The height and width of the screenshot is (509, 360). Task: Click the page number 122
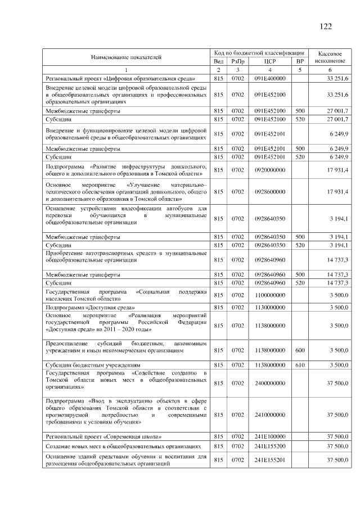coord(325,26)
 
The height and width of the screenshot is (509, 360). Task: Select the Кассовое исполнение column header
coord(329,56)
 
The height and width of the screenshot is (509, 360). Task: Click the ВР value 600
coord(300,350)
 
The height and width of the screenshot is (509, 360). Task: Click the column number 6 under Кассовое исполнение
coord(329,70)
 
